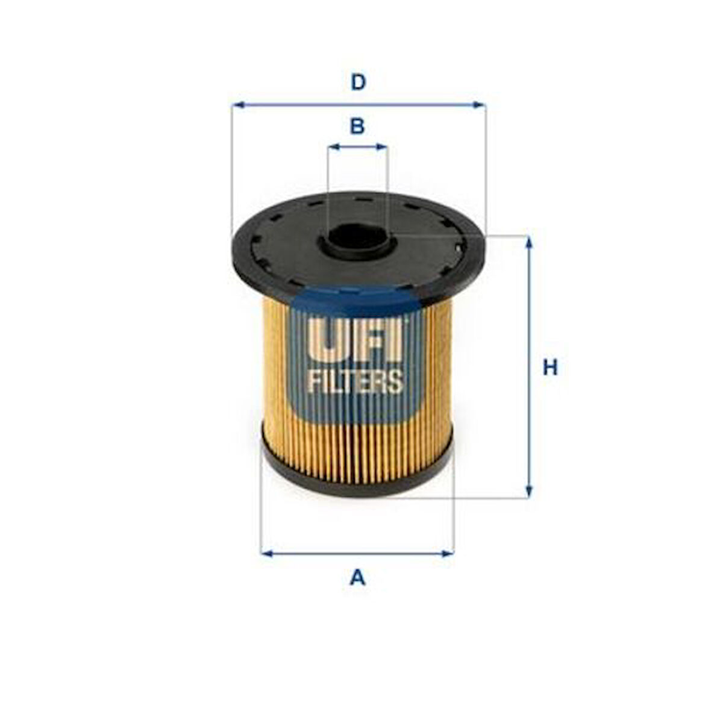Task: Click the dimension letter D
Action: pos(359,83)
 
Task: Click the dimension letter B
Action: pos(357,126)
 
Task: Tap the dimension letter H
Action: pos(550,368)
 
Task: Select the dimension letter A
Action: pos(357,578)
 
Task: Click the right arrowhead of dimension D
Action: pos(479,105)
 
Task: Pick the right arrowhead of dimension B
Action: pos(381,147)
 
